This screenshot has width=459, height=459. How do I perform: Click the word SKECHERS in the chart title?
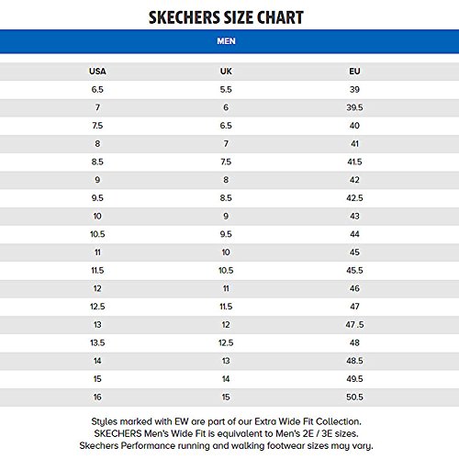tap(186, 17)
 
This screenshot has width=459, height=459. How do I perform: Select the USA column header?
tap(97, 72)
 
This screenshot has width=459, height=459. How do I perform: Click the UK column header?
tap(225, 72)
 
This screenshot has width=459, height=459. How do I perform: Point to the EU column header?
tap(354, 72)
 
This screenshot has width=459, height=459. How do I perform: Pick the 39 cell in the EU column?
tap(354, 90)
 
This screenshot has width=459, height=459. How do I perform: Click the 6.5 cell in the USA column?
tap(97, 90)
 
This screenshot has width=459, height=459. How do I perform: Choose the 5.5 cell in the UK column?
tap(225, 90)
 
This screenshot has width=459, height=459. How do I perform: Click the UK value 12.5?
tap(225, 341)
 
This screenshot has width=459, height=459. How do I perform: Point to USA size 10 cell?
tap(97, 216)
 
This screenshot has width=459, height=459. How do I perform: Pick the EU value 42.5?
tap(354, 197)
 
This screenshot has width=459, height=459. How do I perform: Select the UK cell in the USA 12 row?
tap(225, 287)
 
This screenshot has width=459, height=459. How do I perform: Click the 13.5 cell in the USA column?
tap(97, 341)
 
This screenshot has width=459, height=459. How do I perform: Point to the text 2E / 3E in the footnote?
tap(319, 430)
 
